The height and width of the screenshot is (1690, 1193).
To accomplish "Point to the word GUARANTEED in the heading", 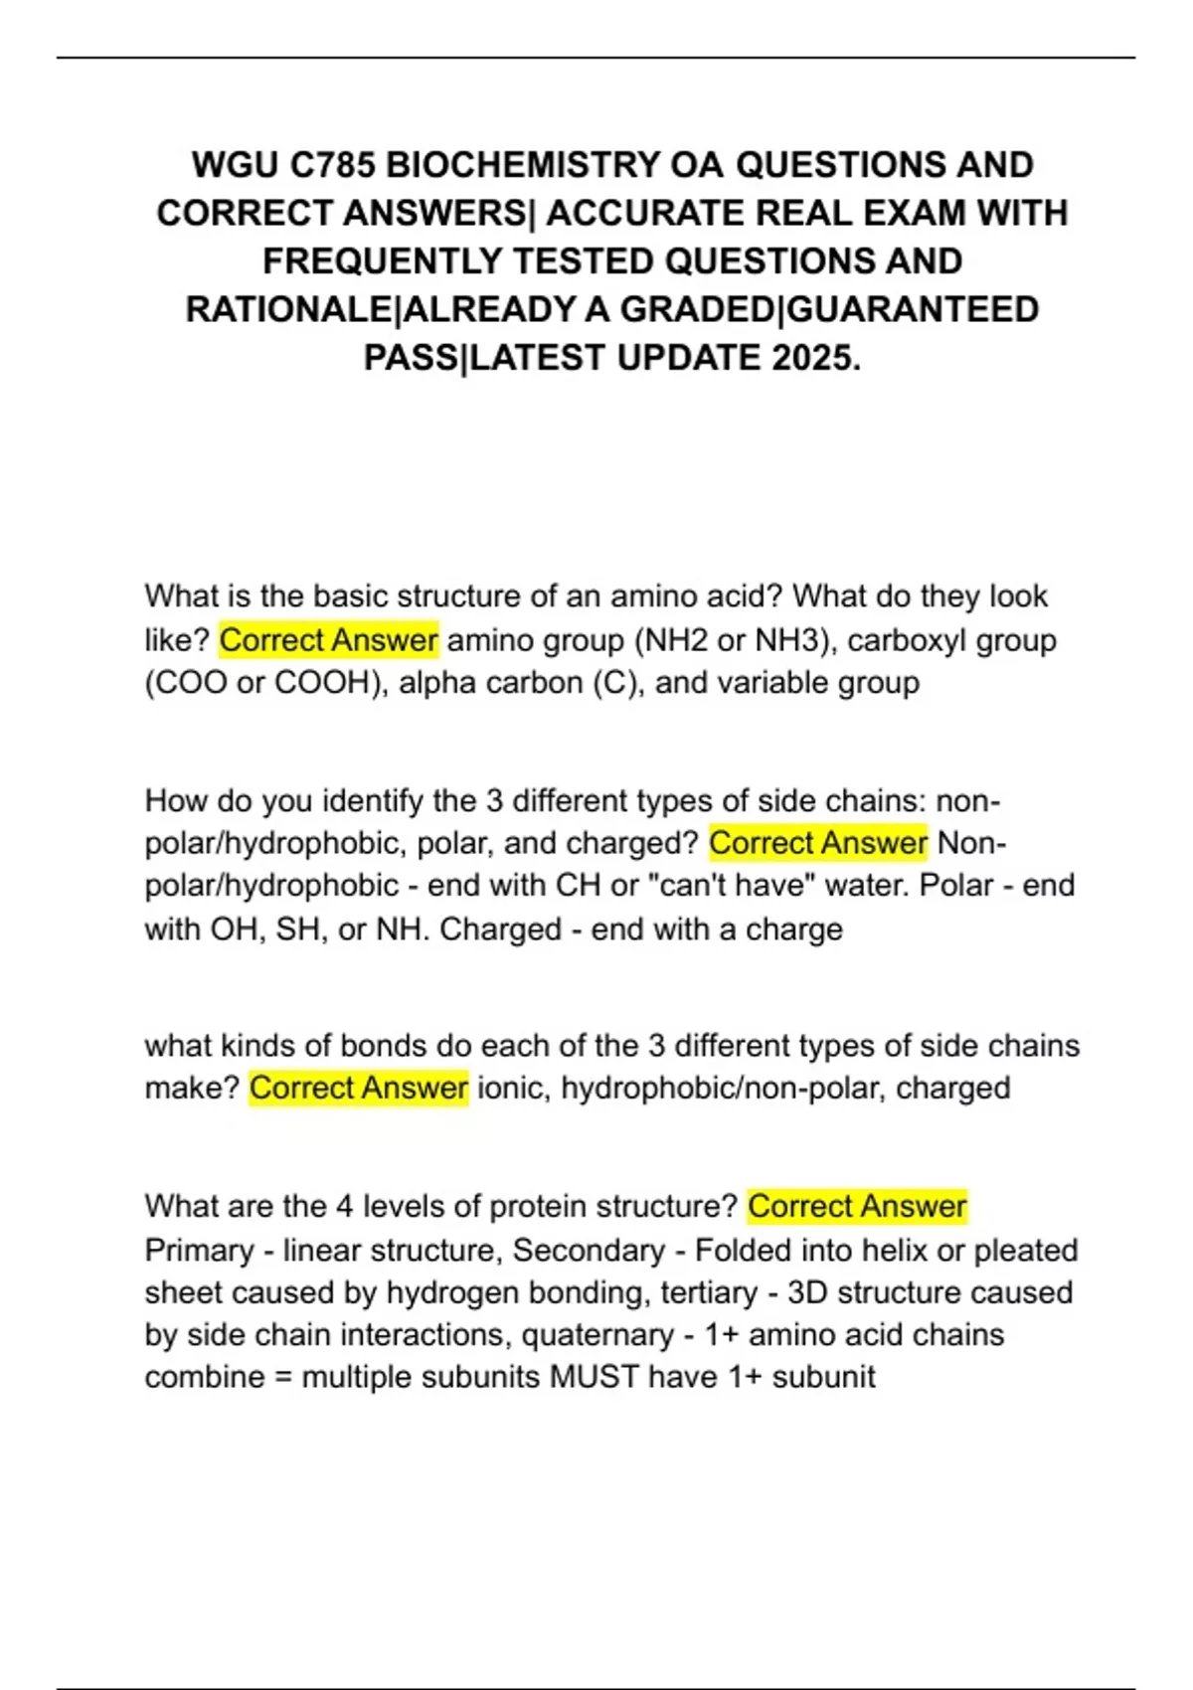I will pos(912,309).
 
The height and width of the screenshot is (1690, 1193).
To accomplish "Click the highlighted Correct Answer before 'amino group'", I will pos(328,640).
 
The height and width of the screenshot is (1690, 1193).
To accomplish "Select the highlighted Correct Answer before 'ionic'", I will pos(358,1089).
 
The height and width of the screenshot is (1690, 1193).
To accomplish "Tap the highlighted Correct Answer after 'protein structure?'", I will pos(857,1207).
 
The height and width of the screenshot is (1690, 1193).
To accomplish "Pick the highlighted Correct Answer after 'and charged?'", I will pos(817,844).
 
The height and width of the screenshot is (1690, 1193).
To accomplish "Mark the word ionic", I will pos(514,1089).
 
